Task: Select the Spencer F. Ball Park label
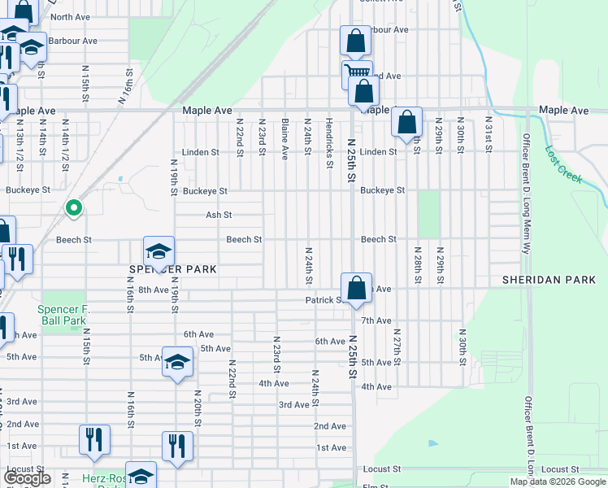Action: coord(62,316)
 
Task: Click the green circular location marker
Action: coord(73,209)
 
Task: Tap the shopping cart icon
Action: coord(356,72)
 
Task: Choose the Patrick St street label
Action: coord(324,300)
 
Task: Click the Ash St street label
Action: coord(219,216)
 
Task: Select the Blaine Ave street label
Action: coord(284,139)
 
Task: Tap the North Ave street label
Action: coord(70,17)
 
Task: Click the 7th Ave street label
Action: coord(377,321)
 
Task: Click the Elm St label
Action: coord(376,486)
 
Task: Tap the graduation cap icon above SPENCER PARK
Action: coord(159,251)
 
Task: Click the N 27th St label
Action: coord(397,345)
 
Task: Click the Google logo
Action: coord(27,479)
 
